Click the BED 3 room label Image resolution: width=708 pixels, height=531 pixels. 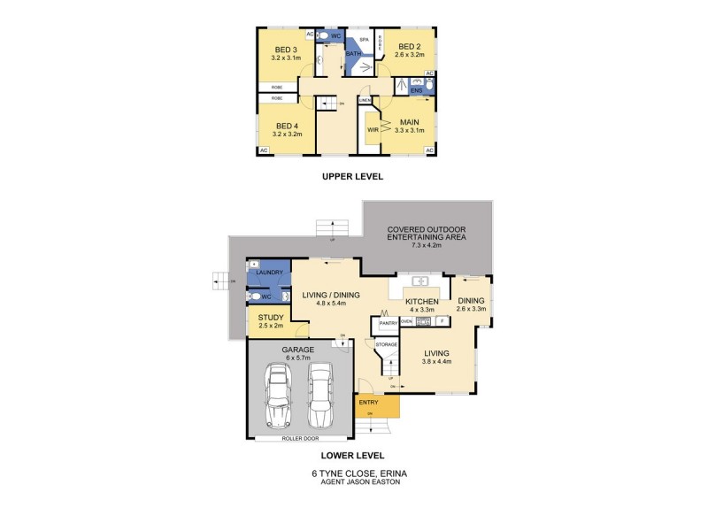point(284,49)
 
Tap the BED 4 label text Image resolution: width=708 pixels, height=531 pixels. point(287,125)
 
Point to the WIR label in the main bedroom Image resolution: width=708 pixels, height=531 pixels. point(373,129)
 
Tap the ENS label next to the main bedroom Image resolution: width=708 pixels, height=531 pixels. point(417,90)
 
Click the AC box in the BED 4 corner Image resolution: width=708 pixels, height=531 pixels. point(264,151)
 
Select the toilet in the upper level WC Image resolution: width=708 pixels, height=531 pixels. point(326,35)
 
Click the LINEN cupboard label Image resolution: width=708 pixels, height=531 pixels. point(365,101)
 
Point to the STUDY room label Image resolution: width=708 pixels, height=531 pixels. point(270,318)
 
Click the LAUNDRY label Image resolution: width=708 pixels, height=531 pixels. point(269,273)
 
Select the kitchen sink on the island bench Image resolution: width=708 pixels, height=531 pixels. point(419,282)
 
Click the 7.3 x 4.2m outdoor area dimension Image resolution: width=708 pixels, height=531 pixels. point(426,244)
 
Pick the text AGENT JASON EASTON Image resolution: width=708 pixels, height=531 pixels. point(354,481)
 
